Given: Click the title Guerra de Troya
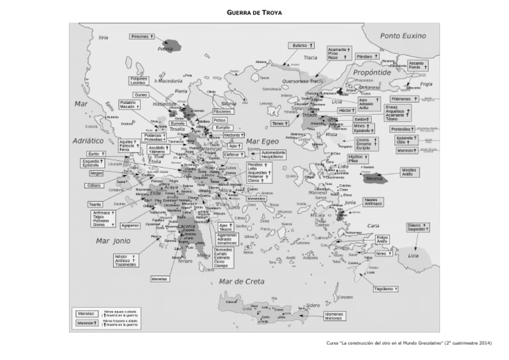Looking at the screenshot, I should [254, 12].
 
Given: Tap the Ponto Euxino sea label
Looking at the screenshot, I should [403, 36].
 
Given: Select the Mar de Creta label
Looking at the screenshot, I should [242, 282].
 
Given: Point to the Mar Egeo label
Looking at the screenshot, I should [262, 141].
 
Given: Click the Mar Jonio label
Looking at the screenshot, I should [113, 241].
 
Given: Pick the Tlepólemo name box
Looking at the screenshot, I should [386, 289].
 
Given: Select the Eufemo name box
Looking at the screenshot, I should [301, 45].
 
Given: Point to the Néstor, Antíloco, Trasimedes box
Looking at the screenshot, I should [125, 260].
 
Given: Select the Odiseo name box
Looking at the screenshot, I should [96, 185].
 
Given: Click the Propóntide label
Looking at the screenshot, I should [371, 73].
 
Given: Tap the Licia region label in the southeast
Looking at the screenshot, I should [414, 255].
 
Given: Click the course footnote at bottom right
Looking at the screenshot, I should [409, 343].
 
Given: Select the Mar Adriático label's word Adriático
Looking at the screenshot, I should [89, 141].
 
